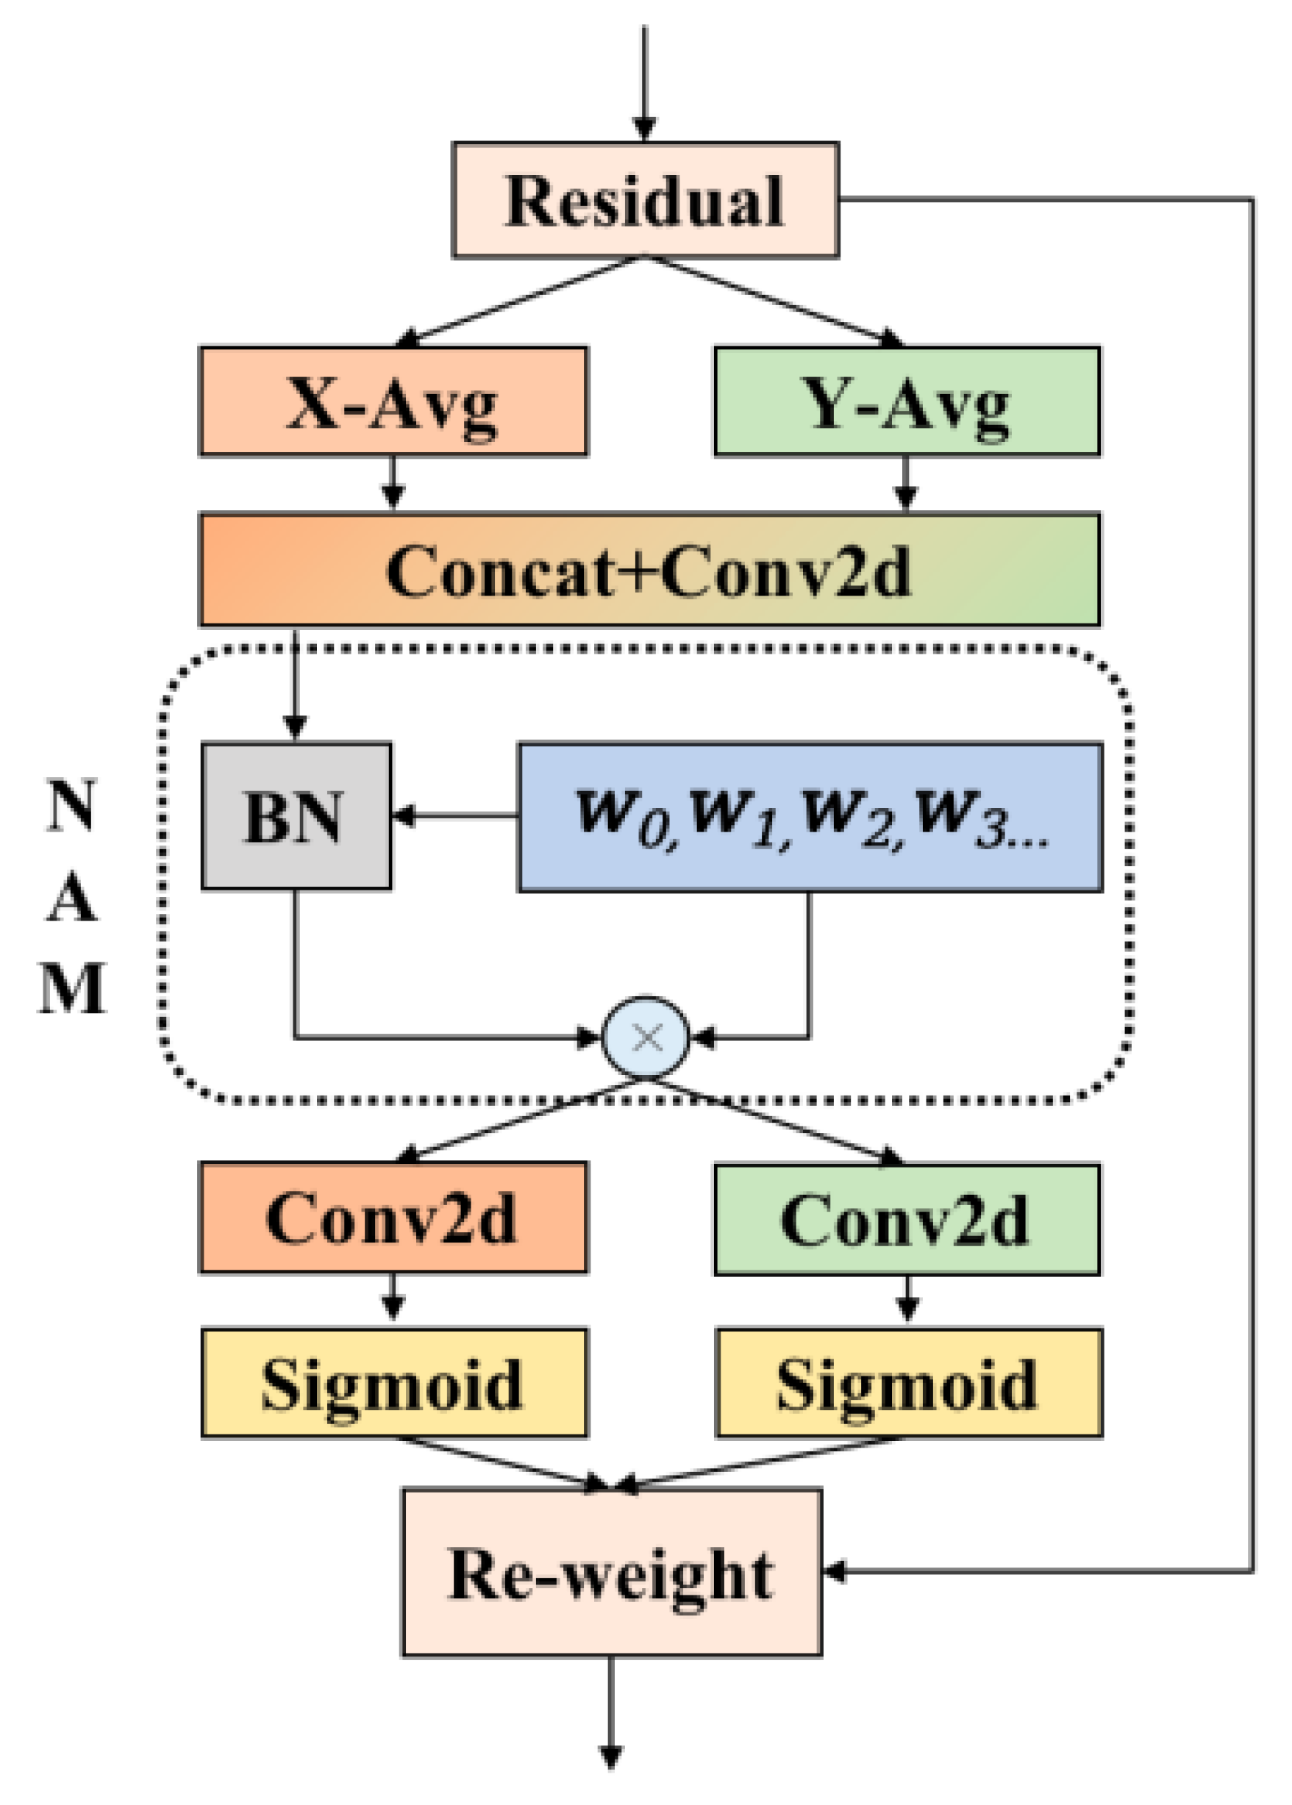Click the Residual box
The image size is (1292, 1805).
click(645, 200)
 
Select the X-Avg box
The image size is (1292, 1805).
click(393, 401)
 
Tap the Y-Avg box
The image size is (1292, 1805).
click(907, 401)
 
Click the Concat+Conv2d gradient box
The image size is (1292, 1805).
click(649, 570)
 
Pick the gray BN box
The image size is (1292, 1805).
click(296, 816)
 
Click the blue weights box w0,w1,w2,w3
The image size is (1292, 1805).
click(810, 817)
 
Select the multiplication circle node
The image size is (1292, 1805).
click(646, 1037)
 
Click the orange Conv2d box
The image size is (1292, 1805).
click(393, 1218)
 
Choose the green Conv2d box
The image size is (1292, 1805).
click(907, 1220)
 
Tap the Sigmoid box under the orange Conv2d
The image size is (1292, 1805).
click(394, 1384)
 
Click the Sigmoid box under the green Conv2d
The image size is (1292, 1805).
click(909, 1384)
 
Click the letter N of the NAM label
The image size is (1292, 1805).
click(71, 805)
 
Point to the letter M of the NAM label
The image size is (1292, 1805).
click(71, 988)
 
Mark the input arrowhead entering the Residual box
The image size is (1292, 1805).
click(644, 129)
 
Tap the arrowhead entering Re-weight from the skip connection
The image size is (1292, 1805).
click(834, 1571)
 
